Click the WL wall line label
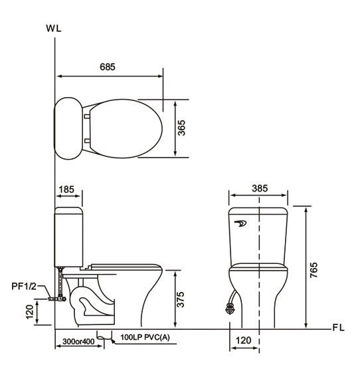pos(54,29)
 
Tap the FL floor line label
pos(338,328)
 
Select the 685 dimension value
pos(108,67)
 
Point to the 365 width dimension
pos(182,128)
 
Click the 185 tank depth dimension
pos(66,189)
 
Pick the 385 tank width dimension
pos(260,188)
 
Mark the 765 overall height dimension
pos(314,270)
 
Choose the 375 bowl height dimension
pos(180,299)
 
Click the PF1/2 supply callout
pos(24,287)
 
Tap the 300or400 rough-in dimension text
pos(78,341)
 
